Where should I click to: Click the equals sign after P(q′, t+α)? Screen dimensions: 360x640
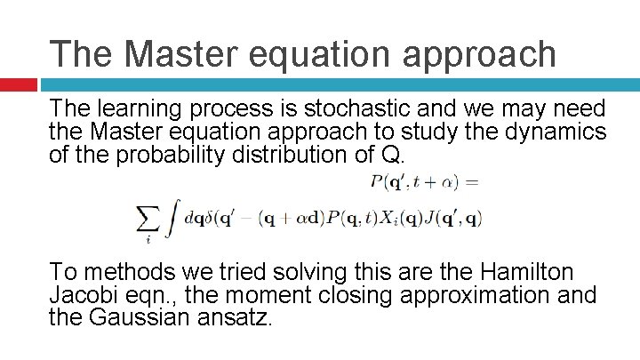[472, 182]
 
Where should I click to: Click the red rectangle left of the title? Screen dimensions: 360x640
[18, 85]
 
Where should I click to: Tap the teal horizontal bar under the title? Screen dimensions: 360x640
[338, 85]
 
